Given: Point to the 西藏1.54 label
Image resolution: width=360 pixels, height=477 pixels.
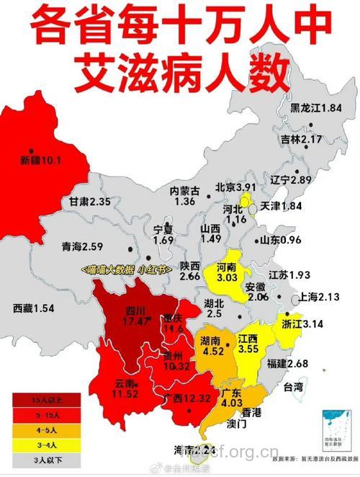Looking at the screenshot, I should point(34,308).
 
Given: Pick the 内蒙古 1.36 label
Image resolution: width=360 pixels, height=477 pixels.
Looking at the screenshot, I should point(184,196).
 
